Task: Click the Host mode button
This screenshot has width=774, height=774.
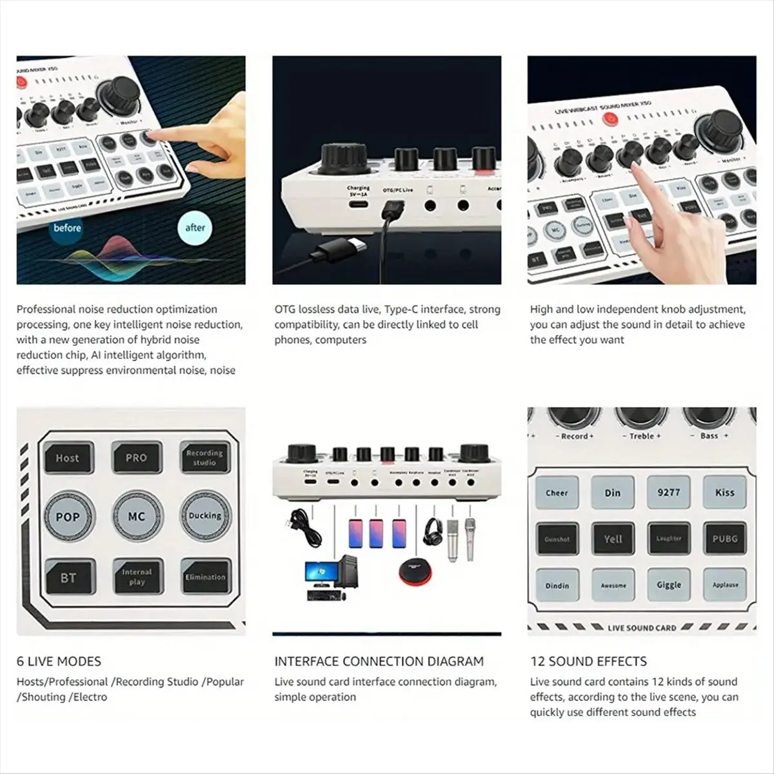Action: pos(68,458)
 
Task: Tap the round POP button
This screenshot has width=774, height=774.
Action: pos(68,517)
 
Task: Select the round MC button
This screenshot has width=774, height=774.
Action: pos(136,517)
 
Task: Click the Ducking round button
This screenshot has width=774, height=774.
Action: pos(204,516)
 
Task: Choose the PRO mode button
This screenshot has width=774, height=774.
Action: pos(136,458)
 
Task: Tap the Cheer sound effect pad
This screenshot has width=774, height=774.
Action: pos(557,493)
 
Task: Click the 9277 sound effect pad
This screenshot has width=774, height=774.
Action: pos(669,492)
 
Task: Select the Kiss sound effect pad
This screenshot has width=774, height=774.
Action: pos(724,492)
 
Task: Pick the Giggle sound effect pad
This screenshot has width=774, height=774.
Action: pos(669,584)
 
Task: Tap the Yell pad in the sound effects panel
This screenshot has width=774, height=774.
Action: pos(613,539)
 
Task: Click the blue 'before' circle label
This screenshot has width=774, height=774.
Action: pos(67,228)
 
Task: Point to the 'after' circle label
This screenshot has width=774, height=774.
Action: pos(195,228)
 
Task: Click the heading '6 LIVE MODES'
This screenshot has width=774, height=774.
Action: pos(59,661)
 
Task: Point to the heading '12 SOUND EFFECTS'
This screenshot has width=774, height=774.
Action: pos(588,661)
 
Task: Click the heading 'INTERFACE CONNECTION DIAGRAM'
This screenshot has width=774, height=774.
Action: pos(379,661)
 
